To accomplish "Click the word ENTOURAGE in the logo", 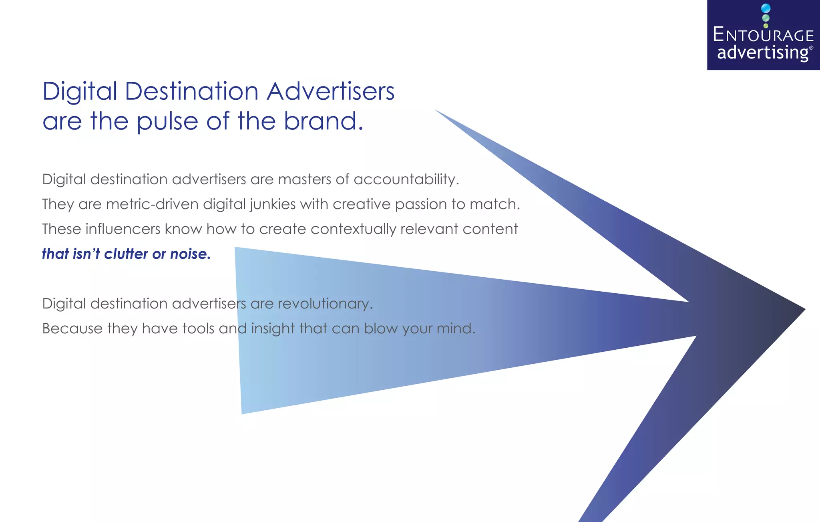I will tap(763, 35).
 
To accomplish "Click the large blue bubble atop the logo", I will tap(766, 8).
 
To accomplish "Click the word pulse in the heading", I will tap(167, 121).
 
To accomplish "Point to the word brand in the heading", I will tap(321, 121).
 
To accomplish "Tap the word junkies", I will tap(273, 205).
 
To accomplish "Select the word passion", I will tap(420, 205).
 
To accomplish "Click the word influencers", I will tap(123, 229).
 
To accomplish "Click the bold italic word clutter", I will tap(126, 254).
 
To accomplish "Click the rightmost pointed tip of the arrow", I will tap(804, 309).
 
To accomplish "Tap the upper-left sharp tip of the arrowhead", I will tap(436, 110).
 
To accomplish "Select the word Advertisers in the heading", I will tap(330, 91).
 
